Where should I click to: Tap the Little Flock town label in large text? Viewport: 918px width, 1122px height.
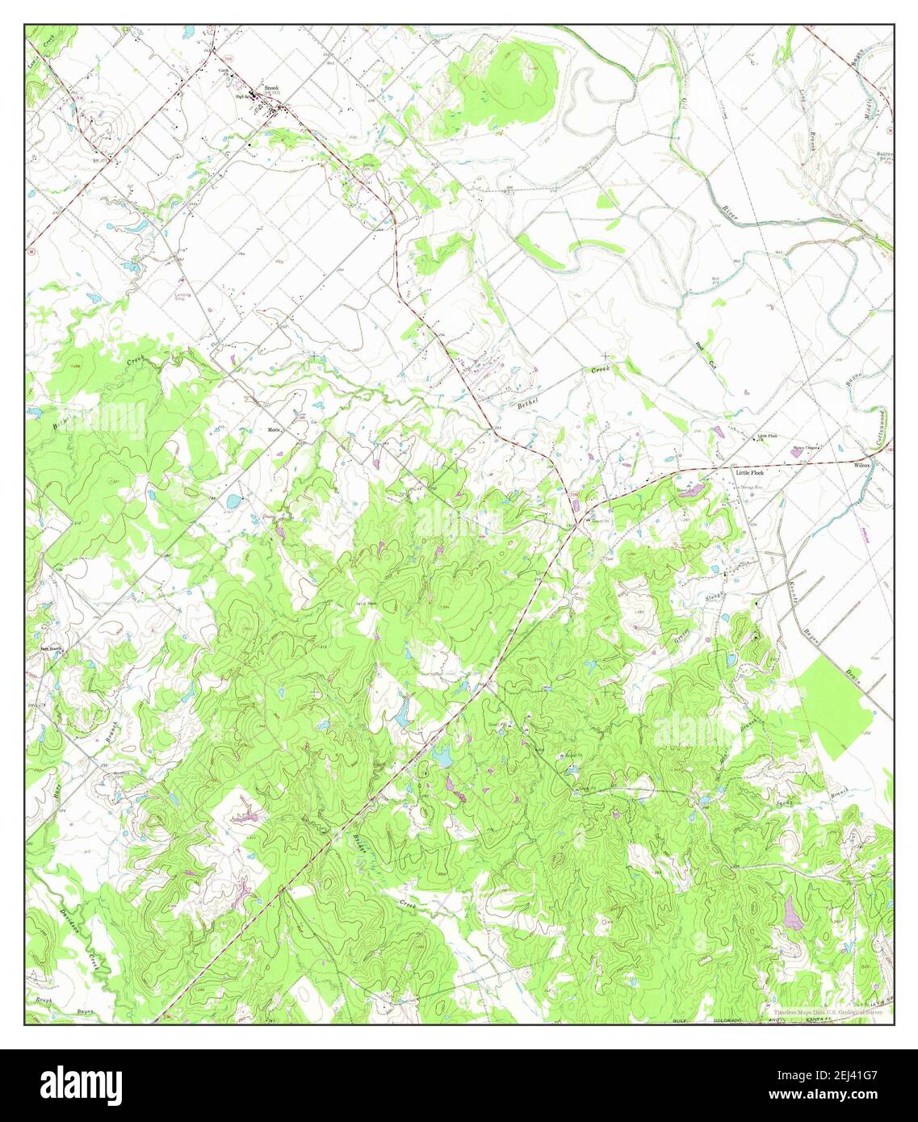click(x=749, y=472)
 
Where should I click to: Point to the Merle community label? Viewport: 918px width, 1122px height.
click(x=274, y=430)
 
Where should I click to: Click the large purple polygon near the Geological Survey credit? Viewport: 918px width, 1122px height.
click(x=793, y=911)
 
